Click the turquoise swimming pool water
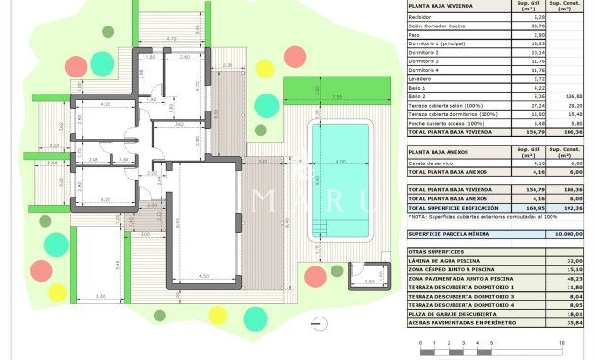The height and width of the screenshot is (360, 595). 341,171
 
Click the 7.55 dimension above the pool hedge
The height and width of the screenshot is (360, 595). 336,96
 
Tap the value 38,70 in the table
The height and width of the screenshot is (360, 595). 539,26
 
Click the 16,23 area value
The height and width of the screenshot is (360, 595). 539,43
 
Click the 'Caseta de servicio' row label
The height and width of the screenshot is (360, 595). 433,163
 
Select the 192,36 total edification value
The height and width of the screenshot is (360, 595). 570,207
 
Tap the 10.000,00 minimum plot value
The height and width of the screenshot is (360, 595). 567,233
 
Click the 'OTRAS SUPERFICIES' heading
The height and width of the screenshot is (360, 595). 436,251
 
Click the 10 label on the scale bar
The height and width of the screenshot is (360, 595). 561,342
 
